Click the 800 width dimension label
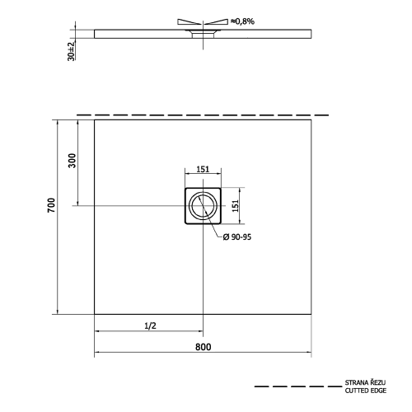(x=204, y=347)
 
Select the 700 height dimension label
(x=51, y=205)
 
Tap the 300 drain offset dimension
(x=72, y=161)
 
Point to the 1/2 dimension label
(x=150, y=325)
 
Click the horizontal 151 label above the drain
(x=203, y=169)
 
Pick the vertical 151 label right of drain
(x=236, y=206)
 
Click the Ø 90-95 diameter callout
(x=237, y=236)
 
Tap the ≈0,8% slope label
(x=242, y=21)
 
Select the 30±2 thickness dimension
(x=71, y=51)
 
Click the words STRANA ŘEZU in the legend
(x=365, y=382)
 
